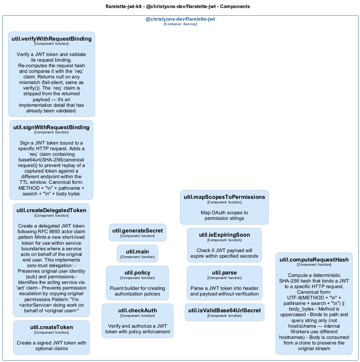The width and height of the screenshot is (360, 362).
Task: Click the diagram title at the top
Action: click(178, 6)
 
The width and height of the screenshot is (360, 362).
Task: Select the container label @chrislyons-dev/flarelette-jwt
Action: click(180, 19)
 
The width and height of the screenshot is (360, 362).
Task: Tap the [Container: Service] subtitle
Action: click(180, 24)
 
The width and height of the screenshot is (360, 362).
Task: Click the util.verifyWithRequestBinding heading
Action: click(51, 39)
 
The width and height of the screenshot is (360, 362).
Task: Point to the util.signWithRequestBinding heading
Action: click(51, 127)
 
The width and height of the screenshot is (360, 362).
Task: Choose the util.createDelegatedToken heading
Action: click(51, 210)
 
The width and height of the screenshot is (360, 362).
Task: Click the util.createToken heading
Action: click(51, 327)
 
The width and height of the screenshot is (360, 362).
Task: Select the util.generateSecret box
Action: click(137, 232)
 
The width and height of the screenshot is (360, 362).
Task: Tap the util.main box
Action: click(137, 253)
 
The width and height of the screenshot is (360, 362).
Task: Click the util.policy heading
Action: click(137, 273)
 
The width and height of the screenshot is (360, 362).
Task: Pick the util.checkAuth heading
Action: click(137, 311)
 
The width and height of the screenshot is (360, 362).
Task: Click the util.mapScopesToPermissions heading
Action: click(224, 197)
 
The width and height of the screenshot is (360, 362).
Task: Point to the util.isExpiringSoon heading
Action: click(224, 235)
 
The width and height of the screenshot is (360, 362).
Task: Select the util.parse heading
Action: click(224, 273)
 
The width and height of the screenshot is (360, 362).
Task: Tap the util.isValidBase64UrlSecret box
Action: click(224, 312)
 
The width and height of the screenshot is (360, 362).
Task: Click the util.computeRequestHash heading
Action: click(314, 260)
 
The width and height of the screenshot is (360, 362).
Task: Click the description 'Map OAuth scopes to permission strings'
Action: click(224, 215)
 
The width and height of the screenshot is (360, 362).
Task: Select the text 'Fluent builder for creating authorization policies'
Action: click(137, 291)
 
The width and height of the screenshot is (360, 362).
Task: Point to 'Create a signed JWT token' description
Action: click(51, 346)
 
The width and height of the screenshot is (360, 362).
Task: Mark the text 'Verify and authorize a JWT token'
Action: click(137, 329)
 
